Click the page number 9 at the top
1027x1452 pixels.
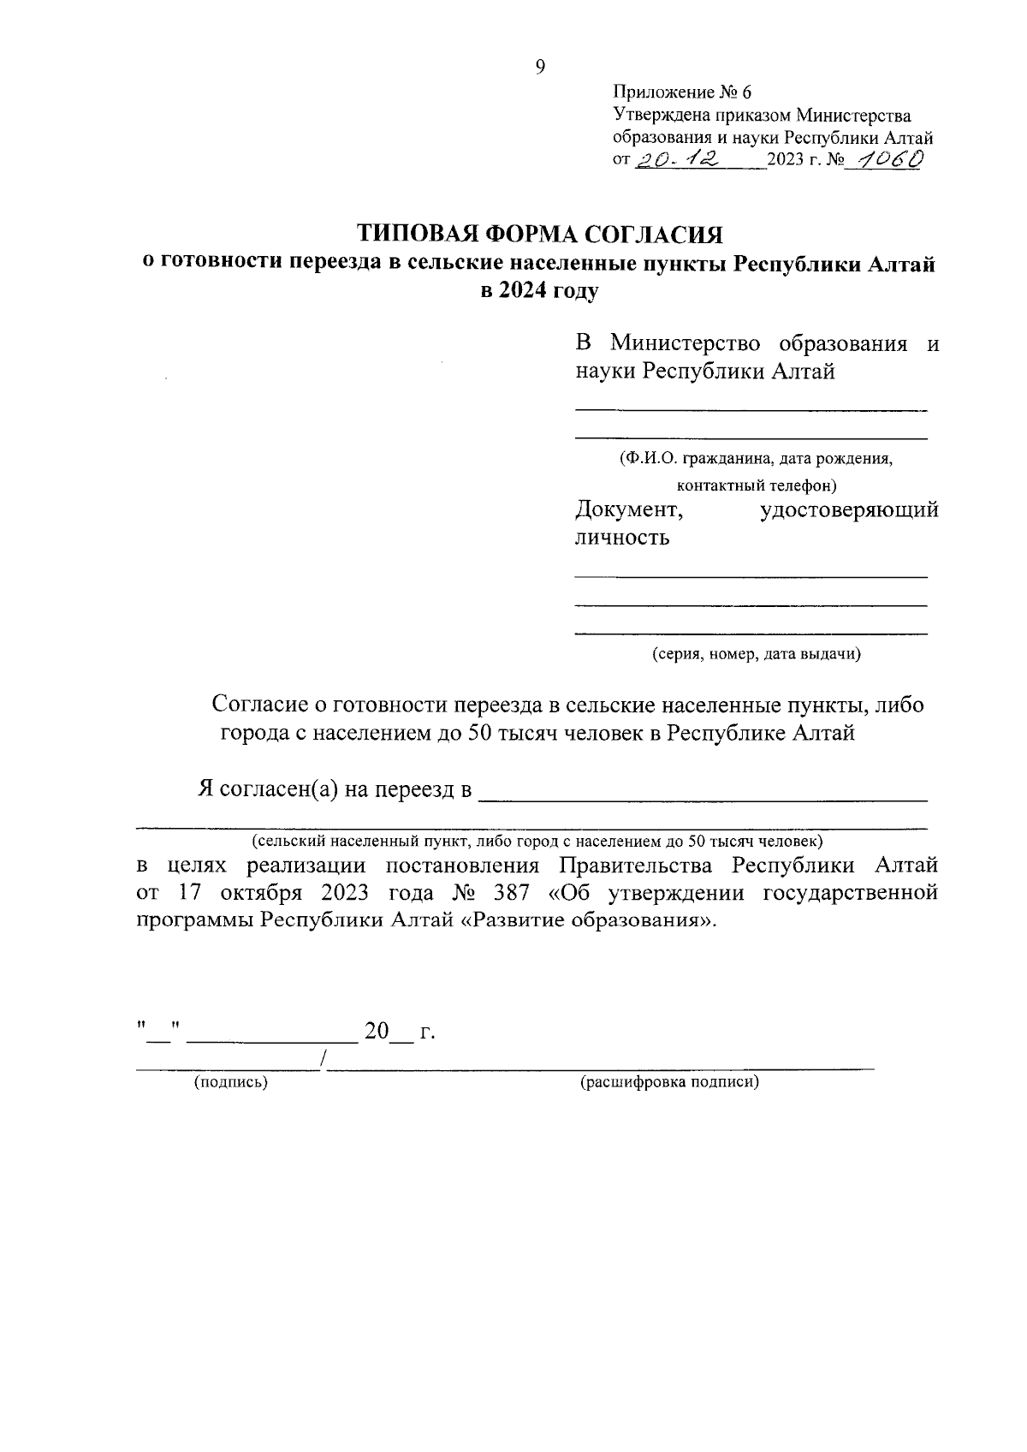coord(540,68)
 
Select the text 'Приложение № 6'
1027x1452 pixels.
coord(681,92)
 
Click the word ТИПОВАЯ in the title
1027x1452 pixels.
coord(417,234)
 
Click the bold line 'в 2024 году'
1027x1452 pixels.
coord(539,291)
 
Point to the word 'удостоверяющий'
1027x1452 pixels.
coord(849,510)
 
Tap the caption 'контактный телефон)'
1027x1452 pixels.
coord(757,485)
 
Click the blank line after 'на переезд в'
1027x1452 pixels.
coord(702,796)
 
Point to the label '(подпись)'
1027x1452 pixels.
coord(231,1082)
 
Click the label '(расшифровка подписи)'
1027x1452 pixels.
coord(670,1082)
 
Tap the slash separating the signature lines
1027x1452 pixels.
coord(322,1060)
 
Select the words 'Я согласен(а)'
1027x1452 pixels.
coord(268,789)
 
